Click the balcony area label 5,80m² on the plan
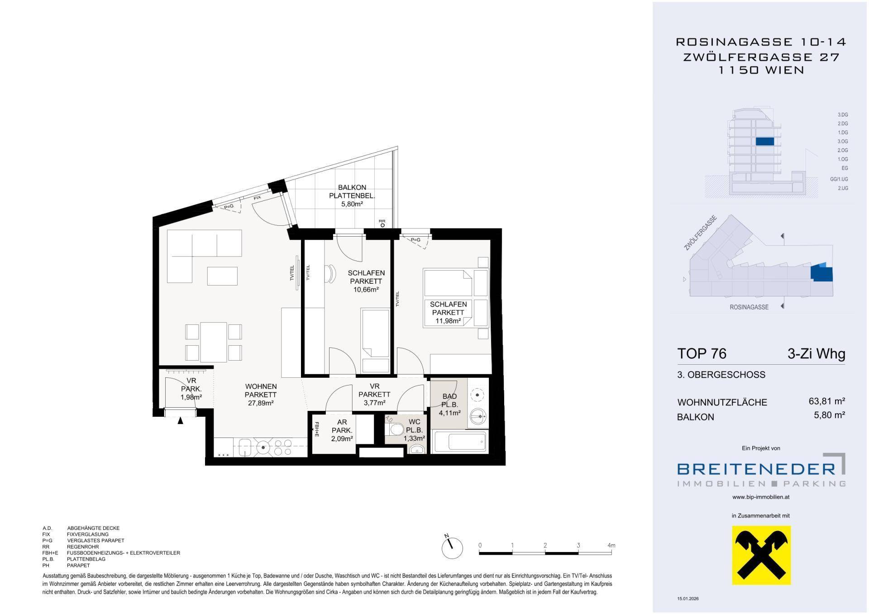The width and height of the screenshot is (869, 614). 352,204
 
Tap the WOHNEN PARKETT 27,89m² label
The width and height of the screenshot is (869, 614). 261,395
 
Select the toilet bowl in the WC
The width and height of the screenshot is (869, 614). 396,429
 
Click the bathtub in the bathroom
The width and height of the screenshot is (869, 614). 460,441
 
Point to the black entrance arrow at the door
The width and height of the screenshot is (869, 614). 180,421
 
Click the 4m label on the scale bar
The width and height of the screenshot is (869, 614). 611,545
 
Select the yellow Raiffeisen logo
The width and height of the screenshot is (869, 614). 761,555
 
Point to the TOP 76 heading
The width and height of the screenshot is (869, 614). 702,353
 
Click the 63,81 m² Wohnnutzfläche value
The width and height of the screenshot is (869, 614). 827,401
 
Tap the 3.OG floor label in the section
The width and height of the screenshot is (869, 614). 842,141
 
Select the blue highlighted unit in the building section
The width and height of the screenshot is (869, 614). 765,141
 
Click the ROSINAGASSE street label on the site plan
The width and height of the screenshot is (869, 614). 749,307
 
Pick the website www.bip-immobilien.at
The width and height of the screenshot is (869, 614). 761,497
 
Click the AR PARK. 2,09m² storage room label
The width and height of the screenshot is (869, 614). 342,430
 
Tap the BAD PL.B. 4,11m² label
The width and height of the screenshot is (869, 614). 449,405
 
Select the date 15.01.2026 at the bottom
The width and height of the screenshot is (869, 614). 688,599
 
